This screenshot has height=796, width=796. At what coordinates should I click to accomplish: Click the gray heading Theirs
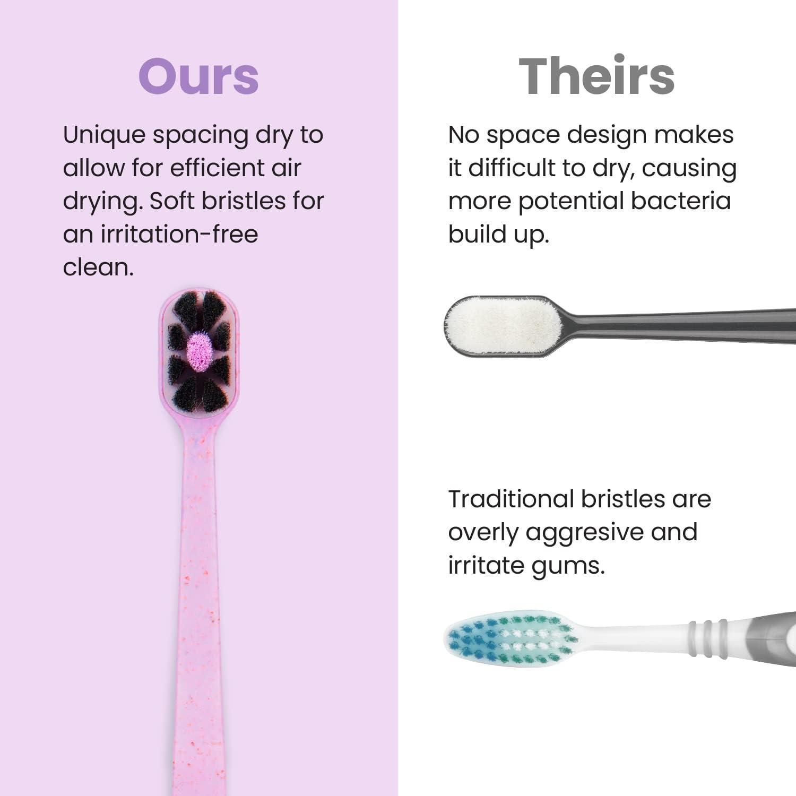(x=596, y=76)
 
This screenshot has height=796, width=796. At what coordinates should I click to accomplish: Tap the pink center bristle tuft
(x=200, y=351)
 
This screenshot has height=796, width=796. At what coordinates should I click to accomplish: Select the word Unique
(x=104, y=135)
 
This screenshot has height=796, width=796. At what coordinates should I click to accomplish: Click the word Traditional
(x=511, y=499)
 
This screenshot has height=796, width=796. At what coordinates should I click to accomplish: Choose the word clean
(x=98, y=267)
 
